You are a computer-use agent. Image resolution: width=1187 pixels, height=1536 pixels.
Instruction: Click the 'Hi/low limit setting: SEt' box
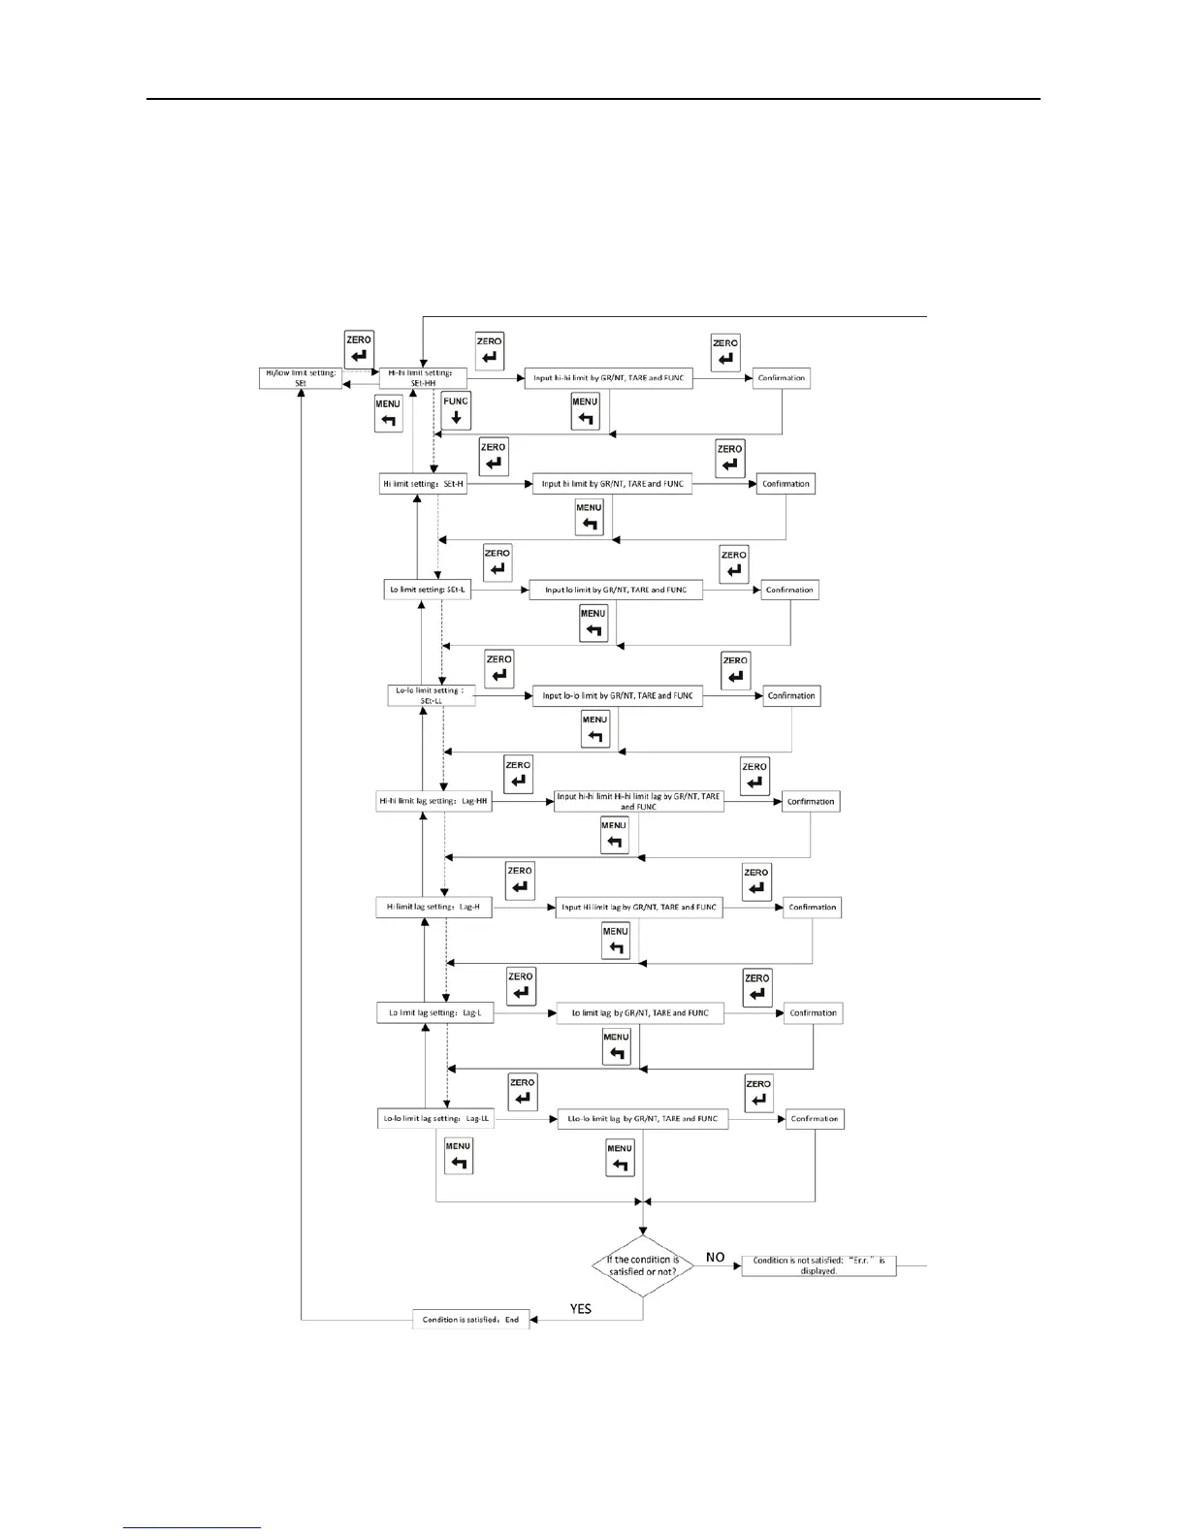click(x=301, y=378)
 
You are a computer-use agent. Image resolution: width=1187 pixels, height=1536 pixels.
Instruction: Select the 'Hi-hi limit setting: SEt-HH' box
click(x=423, y=378)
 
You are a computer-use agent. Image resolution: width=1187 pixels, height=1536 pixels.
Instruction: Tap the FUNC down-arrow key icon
click(x=456, y=412)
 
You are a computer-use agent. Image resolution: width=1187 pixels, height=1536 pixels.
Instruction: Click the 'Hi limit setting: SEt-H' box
click(x=424, y=484)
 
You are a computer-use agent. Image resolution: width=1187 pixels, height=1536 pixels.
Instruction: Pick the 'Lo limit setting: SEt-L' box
click(x=428, y=590)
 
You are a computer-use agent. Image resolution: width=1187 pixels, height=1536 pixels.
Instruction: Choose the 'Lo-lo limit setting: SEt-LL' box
click(x=431, y=695)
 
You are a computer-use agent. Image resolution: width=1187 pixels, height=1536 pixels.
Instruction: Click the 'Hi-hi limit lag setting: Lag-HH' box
click(x=433, y=802)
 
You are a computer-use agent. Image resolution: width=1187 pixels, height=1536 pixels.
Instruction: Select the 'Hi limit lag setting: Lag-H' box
click(x=433, y=908)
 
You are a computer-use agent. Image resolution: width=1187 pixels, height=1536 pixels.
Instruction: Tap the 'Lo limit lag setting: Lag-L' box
click(x=434, y=1013)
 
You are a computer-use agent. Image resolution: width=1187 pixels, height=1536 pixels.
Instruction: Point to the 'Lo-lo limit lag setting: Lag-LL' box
click(x=436, y=1119)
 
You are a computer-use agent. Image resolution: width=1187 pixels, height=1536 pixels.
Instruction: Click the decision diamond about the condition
click(x=643, y=1265)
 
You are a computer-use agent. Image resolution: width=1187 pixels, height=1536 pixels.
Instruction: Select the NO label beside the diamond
click(x=716, y=1257)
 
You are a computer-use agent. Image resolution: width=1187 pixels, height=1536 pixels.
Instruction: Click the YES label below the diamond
click(x=581, y=1309)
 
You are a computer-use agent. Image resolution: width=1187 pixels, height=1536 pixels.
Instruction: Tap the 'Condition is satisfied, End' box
click(x=471, y=1320)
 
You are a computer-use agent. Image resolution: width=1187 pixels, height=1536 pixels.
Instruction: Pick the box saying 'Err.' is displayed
click(x=818, y=1265)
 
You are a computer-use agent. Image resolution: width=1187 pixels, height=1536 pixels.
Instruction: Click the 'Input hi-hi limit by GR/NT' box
click(x=608, y=378)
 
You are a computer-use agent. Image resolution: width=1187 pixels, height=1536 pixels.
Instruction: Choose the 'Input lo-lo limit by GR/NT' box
click(x=618, y=695)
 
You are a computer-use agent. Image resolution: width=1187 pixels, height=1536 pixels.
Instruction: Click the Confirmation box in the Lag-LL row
click(x=815, y=1119)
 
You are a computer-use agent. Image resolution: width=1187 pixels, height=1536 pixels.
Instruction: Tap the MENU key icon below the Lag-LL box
click(x=459, y=1155)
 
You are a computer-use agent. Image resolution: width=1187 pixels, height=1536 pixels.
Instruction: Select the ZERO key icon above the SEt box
click(x=359, y=350)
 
